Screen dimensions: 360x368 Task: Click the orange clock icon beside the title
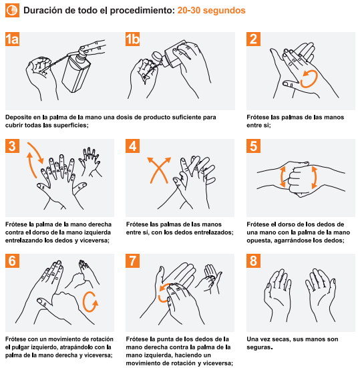[12, 10]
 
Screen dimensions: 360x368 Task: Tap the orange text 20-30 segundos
[211, 10]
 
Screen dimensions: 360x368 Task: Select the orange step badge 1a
[12, 39]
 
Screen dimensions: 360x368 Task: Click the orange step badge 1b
[133, 39]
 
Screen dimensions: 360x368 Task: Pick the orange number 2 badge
[253, 39]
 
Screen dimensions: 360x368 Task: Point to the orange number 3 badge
[12, 146]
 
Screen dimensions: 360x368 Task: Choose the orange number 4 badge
[133, 146]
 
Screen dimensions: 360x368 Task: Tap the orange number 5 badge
[253, 146]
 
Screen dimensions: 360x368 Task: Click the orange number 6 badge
[12, 260]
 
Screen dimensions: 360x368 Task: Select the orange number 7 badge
[133, 260]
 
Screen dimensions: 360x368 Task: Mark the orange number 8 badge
[253, 260]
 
